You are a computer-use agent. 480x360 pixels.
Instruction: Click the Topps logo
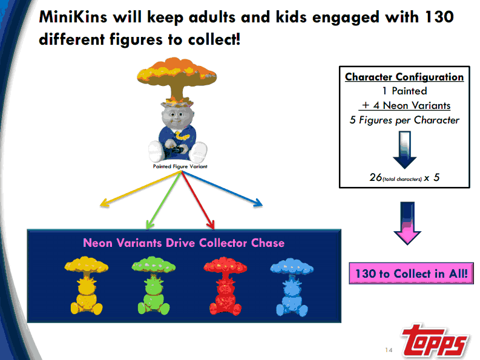tap(435, 341)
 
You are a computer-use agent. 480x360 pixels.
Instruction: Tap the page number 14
tap(389, 350)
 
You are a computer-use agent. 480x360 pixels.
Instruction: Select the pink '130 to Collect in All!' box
tap(411, 273)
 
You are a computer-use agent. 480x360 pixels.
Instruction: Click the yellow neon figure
tap(87, 286)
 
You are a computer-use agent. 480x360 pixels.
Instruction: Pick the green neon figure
tap(153, 286)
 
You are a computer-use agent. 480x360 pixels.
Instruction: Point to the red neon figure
tap(225, 286)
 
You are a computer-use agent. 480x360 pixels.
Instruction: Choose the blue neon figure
tap(292, 287)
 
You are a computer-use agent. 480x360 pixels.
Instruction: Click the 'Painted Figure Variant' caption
tap(180, 166)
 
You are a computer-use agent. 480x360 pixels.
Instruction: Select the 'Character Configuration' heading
tap(404, 77)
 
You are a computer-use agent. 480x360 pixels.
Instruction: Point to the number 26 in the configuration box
tap(376, 177)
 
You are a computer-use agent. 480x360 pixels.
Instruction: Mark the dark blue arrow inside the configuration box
tap(405, 150)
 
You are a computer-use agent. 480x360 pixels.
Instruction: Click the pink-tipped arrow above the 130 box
tap(407, 223)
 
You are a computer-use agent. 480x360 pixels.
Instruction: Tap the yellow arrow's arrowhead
tap(105, 203)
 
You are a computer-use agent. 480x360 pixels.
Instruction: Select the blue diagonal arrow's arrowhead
tap(258, 203)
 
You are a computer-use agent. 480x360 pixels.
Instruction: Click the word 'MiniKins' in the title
tap(73, 16)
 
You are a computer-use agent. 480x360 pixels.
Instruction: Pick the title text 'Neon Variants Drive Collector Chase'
tap(183, 243)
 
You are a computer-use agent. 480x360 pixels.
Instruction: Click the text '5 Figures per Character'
tap(404, 120)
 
